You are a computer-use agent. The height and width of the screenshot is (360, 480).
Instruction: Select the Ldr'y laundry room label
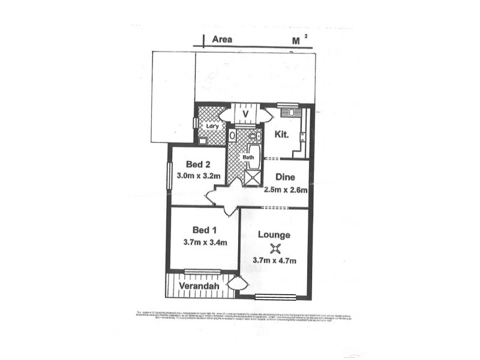pos(211,126)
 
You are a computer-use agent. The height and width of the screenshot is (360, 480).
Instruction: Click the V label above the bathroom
pos(245,114)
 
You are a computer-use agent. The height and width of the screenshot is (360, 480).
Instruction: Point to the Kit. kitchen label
pos(282,135)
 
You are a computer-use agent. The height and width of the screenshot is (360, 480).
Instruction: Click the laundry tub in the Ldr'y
pos(203,141)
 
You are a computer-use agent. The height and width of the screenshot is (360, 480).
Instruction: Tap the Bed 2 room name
pos(197,165)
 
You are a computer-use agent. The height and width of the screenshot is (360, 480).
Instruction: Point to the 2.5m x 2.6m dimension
pos(286,190)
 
